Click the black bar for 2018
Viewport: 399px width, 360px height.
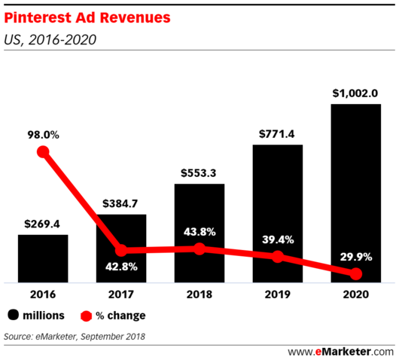(x=200, y=233)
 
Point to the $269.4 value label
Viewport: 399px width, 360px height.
(x=43, y=224)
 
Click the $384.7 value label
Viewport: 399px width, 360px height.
(x=121, y=203)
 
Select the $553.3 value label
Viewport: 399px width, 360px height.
(x=200, y=173)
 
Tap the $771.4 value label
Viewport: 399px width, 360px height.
(x=278, y=134)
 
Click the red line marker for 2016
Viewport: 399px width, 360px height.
(x=43, y=152)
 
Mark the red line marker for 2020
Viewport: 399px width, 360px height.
(x=355, y=273)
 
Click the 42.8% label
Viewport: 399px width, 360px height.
(x=121, y=267)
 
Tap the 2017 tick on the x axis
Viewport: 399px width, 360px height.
(x=121, y=295)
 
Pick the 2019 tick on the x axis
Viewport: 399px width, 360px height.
(x=278, y=295)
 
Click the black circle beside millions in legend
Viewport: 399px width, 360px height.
(x=14, y=316)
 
